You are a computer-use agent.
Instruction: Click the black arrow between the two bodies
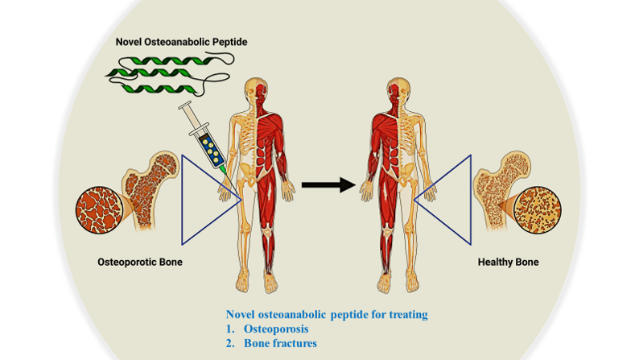[328, 185]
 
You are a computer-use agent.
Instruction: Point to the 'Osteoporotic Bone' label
[140, 262]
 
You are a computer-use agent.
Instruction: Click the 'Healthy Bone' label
[508, 262]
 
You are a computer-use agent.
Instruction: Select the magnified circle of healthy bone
[536, 209]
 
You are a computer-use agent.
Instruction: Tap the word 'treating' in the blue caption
[402, 313]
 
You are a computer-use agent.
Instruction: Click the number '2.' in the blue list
[230, 343]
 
